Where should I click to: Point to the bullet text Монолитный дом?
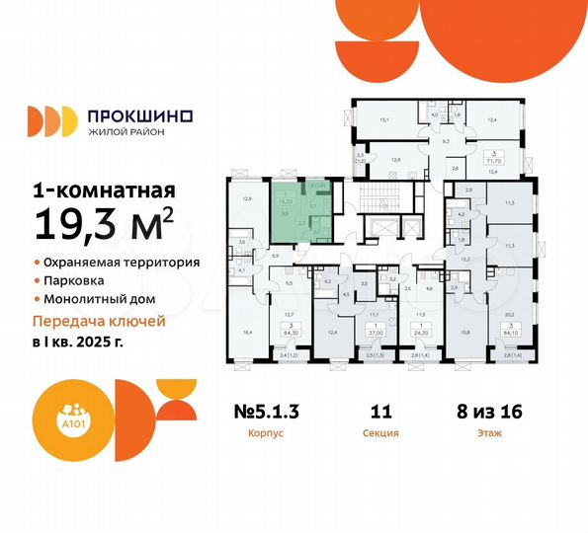pos(100,298)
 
